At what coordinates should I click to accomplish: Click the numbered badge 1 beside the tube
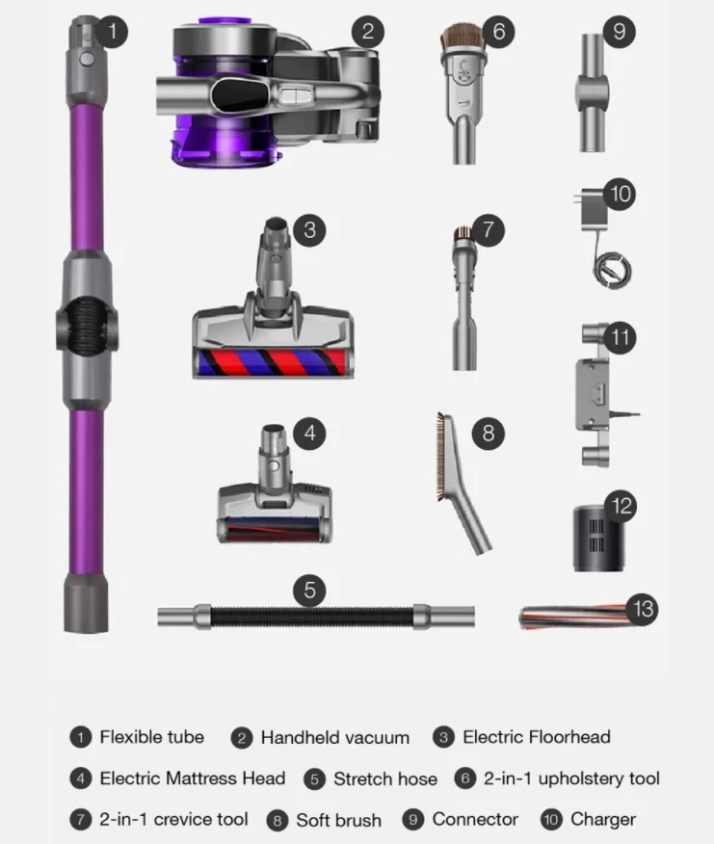[112, 31]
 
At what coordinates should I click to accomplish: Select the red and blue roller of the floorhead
[272, 362]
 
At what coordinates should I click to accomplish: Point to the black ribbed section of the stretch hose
[312, 617]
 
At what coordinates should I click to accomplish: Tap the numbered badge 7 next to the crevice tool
[488, 230]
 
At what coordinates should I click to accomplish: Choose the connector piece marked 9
[593, 92]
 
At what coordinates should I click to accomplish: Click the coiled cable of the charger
[612, 270]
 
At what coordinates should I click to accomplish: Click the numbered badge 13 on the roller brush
[643, 609]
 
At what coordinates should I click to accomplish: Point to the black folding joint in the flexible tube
[86, 323]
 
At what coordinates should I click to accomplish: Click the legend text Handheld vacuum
[335, 737]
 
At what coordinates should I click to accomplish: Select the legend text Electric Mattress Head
[193, 778]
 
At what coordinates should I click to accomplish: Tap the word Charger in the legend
[603, 820]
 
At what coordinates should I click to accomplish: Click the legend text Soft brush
[339, 820]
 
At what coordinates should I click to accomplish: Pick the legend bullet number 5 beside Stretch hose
[314, 779]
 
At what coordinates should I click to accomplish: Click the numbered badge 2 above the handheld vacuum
[368, 31]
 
